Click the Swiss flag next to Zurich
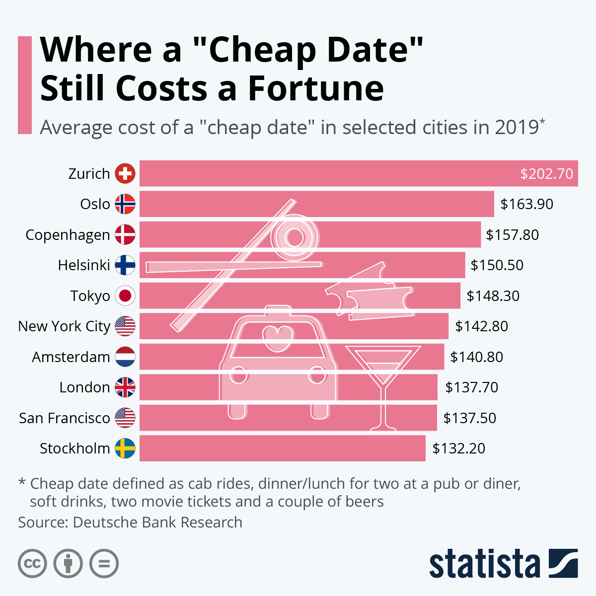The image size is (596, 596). [125, 173]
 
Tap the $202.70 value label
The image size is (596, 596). [546, 174]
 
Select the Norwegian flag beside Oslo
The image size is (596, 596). [125, 204]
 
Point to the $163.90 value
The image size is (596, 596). [526, 204]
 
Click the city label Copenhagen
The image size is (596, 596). [68, 235]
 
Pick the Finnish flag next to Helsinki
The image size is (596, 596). [125, 265]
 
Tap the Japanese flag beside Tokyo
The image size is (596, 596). [125, 296]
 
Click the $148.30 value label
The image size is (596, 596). [493, 296]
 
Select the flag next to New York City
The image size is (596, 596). [125, 326]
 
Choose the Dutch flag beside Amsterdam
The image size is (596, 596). [125, 357]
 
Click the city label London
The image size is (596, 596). [84, 387]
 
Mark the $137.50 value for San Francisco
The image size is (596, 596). [469, 418]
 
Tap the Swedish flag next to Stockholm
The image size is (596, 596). [125, 448]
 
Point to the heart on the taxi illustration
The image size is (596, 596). [277, 335]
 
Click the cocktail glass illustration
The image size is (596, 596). [382, 377]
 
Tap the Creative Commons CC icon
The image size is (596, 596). [32, 564]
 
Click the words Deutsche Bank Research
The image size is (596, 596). [157, 522]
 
